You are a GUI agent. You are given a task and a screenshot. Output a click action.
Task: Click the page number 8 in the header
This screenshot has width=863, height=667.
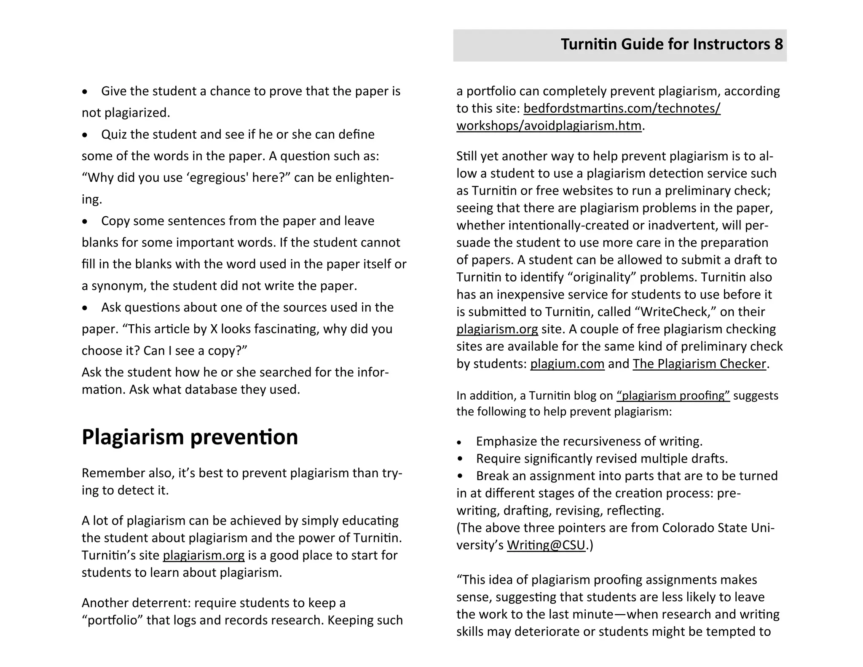pos(778,44)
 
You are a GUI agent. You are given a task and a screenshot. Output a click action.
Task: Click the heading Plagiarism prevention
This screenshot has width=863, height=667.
pos(190,437)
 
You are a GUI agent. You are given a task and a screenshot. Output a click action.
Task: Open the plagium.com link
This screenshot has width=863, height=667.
pos(567,364)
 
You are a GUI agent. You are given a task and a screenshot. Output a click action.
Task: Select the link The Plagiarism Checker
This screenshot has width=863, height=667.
pos(699,364)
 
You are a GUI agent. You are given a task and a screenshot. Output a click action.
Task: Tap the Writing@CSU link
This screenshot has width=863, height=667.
pos(546,545)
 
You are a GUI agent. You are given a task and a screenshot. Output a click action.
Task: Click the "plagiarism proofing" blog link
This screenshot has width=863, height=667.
pos(673,395)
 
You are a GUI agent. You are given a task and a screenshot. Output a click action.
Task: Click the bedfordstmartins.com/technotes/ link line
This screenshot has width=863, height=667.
pos(622,108)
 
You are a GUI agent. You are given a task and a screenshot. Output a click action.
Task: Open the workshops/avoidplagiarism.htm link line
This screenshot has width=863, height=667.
pos(549,126)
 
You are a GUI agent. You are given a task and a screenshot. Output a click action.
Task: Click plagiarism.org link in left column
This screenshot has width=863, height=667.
pos(204,555)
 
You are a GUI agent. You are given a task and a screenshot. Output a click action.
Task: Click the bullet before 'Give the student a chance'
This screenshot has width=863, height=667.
pos(85,91)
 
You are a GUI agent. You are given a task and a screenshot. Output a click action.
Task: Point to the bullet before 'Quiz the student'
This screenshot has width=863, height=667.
pos(85,135)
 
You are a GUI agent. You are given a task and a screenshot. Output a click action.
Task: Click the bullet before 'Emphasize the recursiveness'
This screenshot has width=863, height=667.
pos(460,442)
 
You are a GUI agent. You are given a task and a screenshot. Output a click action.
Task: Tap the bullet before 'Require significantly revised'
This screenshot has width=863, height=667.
pos(460,459)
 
